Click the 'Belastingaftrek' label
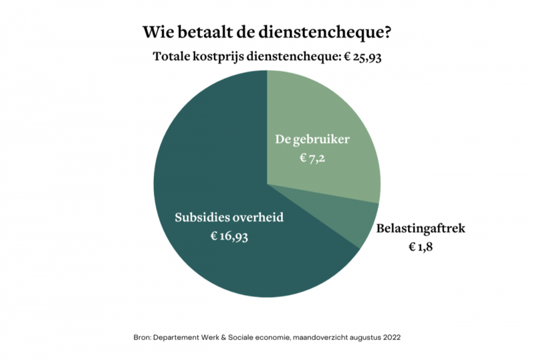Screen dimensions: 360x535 coord(421,229)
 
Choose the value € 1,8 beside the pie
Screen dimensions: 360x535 coord(422,247)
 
